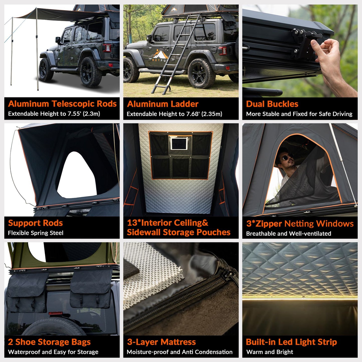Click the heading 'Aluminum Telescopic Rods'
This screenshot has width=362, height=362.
click(x=62, y=104)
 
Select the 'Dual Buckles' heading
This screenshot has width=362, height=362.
click(x=272, y=104)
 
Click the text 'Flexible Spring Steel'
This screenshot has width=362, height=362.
click(x=36, y=233)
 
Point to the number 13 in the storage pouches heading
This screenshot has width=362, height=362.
click(x=132, y=223)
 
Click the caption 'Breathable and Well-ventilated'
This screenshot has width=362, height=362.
click(x=289, y=233)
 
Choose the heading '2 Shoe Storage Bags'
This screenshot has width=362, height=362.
click(x=49, y=342)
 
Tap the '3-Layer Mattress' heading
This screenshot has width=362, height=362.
click(x=161, y=342)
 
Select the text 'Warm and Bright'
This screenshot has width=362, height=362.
click(x=270, y=352)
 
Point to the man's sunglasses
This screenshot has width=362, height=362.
click(x=287, y=158)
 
